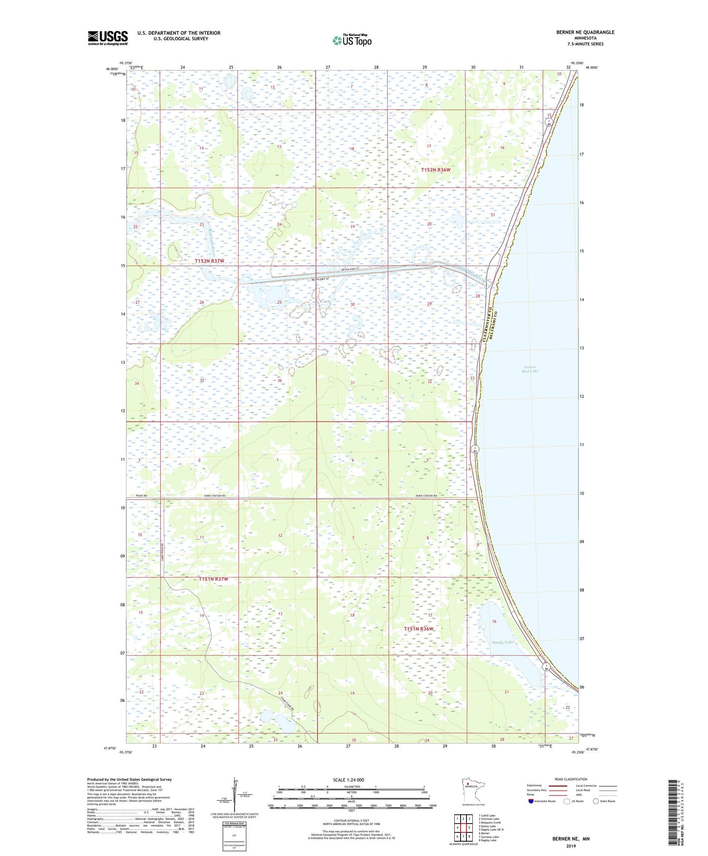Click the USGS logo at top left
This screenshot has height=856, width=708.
pyautogui.click(x=108, y=38)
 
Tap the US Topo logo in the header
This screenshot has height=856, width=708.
pyautogui.click(x=352, y=40)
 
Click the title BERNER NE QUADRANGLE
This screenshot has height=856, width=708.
pyautogui.click(x=585, y=32)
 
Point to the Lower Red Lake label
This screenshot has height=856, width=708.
pyautogui.click(x=531, y=369)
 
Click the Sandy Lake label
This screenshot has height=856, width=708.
pyautogui.click(x=503, y=642)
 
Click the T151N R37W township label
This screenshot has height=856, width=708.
pyautogui.click(x=213, y=579)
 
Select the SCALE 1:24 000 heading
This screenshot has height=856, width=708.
pyautogui.click(x=348, y=780)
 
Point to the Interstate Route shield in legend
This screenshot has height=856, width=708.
pyautogui.click(x=531, y=801)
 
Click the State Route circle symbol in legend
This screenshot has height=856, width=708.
pyautogui.click(x=596, y=801)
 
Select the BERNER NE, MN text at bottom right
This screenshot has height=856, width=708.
pyautogui.click(x=571, y=839)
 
